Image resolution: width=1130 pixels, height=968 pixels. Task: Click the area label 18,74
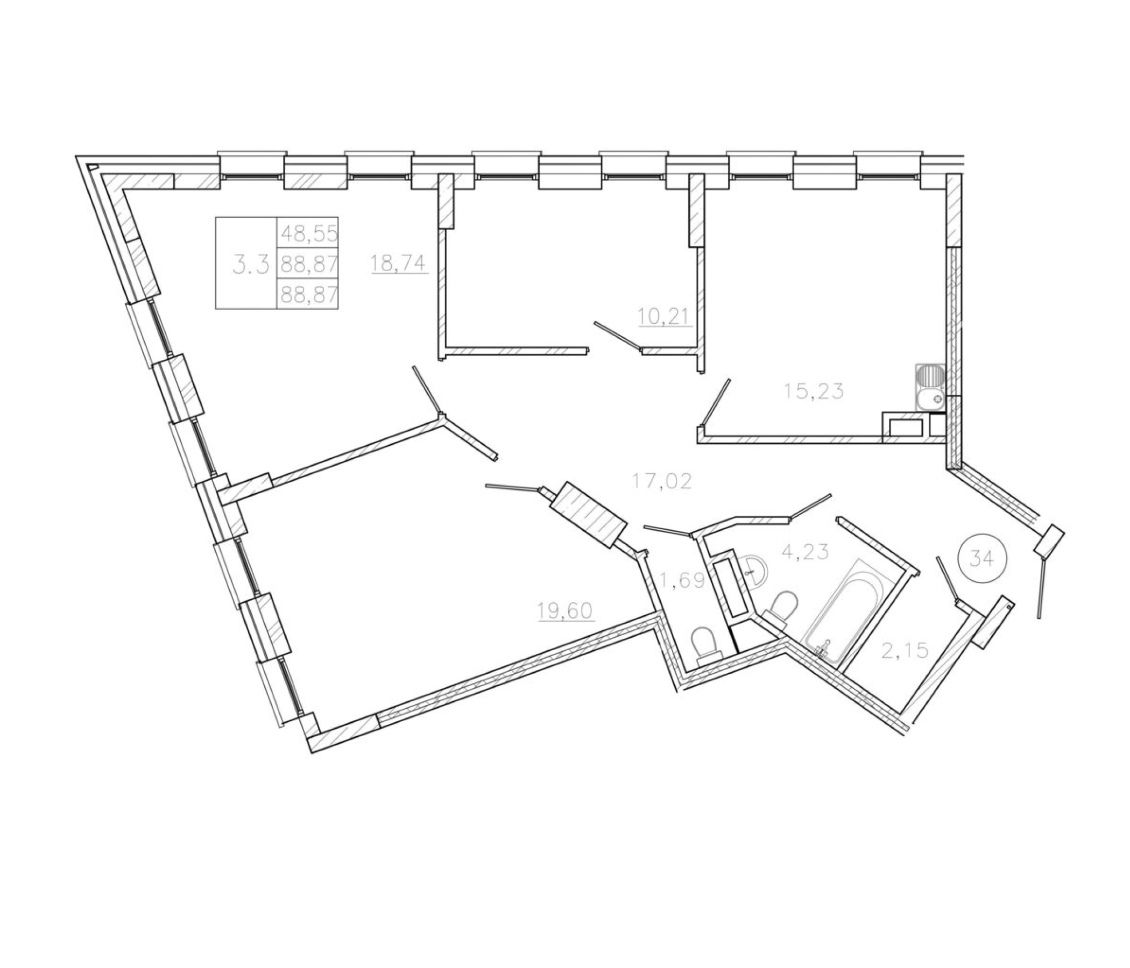click(x=399, y=264)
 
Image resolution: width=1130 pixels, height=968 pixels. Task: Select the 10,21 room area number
click(x=665, y=316)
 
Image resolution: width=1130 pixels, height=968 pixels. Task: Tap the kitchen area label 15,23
click(x=813, y=391)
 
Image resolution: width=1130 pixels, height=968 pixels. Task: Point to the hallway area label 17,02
click(x=662, y=481)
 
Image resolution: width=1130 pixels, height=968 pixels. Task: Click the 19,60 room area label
click(x=565, y=611)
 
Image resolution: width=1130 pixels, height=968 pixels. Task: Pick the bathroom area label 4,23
click(x=805, y=552)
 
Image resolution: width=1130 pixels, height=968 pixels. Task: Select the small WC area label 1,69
click(x=682, y=581)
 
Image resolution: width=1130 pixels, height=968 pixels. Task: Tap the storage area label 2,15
click(x=904, y=650)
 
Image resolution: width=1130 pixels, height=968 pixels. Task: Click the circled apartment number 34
click(x=982, y=559)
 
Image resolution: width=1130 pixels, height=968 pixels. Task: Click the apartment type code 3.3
click(x=251, y=265)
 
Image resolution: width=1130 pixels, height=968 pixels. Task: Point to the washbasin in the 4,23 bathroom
click(x=756, y=572)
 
